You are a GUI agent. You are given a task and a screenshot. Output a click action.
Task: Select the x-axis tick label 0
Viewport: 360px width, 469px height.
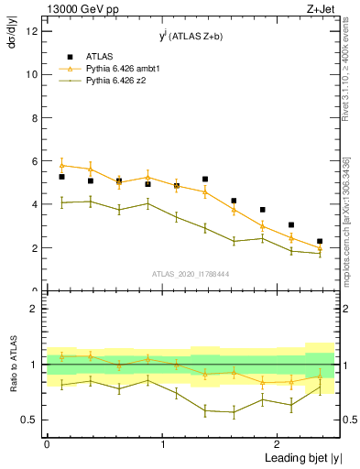tap(47, 444)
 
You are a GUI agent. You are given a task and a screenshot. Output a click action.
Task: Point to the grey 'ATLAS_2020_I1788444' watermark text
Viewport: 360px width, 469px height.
tap(190, 274)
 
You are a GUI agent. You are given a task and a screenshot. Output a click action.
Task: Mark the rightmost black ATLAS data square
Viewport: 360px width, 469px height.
tap(320, 242)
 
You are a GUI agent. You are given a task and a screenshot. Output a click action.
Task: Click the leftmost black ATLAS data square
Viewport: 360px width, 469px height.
tap(61, 177)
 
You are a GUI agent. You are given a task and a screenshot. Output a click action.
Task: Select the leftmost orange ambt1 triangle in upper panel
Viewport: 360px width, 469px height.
tap(61, 165)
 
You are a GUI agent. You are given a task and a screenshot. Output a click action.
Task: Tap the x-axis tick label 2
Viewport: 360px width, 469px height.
tap(278, 444)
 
